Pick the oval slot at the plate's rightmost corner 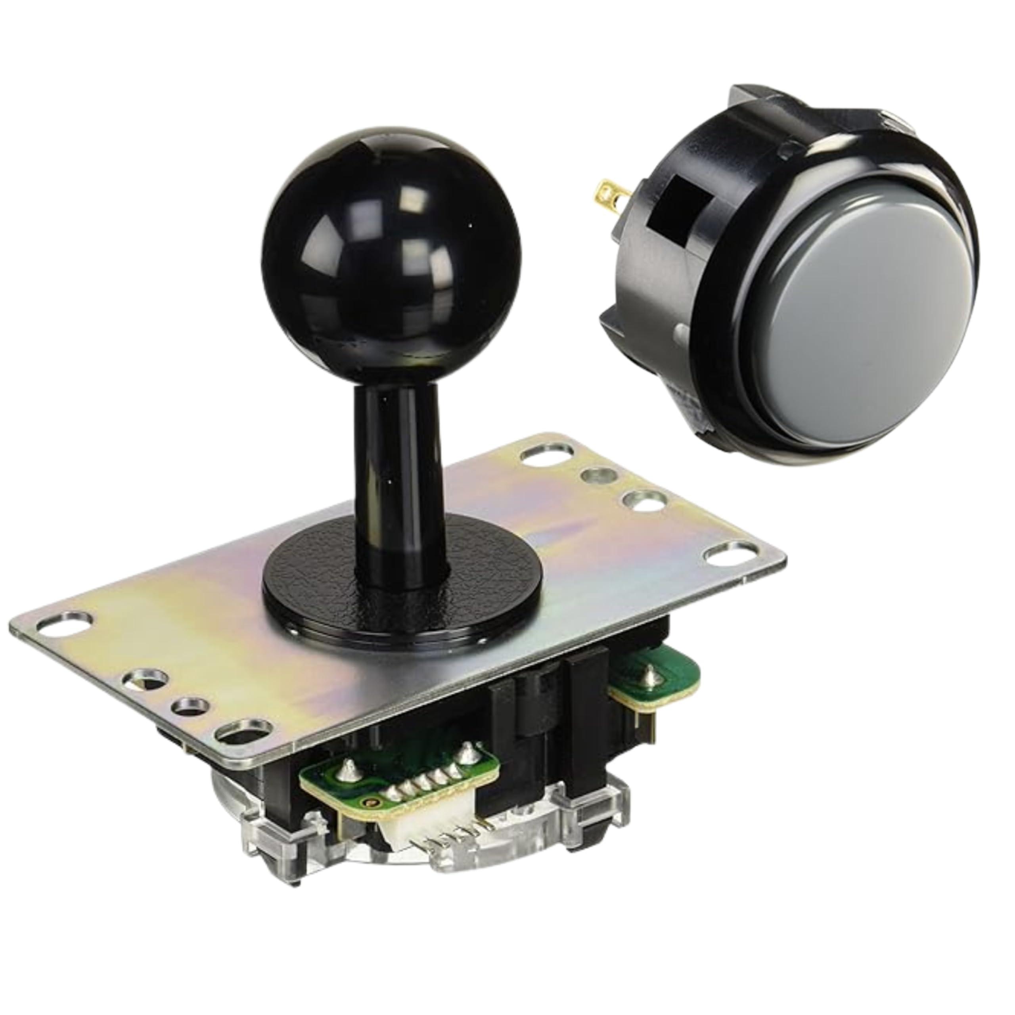(728, 555)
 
